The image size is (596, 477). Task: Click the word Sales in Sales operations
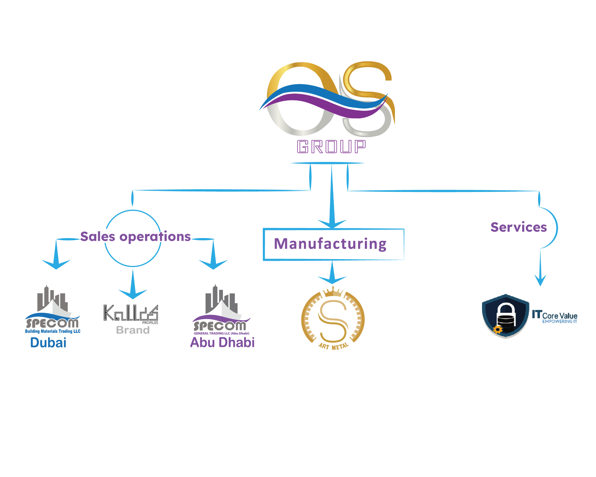point(98,237)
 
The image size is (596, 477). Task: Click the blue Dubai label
point(48,343)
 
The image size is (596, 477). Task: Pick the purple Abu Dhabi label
point(222,342)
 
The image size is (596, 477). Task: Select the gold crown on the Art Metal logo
point(333,292)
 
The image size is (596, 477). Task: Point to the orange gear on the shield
point(498,329)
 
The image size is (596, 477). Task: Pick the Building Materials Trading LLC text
point(53,331)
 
